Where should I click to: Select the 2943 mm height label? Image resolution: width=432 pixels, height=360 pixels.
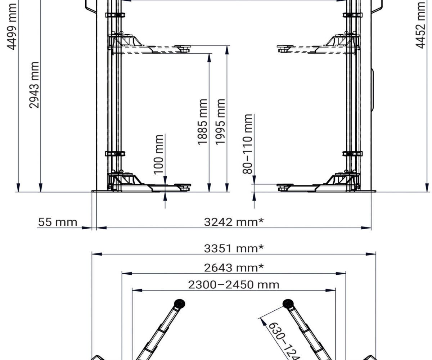pyautogui.click(x=35, y=85)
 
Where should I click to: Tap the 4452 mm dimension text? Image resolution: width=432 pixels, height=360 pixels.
pyautogui.click(x=421, y=24)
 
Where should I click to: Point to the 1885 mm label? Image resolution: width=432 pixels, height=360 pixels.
pyautogui.click(x=203, y=122)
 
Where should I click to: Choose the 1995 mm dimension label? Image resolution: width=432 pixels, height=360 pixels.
pyautogui.click(x=220, y=122)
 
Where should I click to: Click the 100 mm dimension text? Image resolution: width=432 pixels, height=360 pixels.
pyautogui.click(x=159, y=154)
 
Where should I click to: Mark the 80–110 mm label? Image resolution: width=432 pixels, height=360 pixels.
pyautogui.click(x=248, y=144)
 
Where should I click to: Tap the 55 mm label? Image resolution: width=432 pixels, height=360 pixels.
pyautogui.click(x=58, y=222)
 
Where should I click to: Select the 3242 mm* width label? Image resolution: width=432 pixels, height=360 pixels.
pyautogui.click(x=234, y=222)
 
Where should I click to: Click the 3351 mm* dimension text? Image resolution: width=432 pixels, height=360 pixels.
pyautogui.click(x=234, y=248)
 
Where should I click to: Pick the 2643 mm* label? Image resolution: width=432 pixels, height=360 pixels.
pyautogui.click(x=234, y=267)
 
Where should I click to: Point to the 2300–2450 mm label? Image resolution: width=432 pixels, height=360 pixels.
pyautogui.click(x=234, y=284)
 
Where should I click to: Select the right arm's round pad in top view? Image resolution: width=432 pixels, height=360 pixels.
pyautogui.click(x=288, y=303)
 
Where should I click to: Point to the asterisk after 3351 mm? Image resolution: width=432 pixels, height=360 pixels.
pyautogui.click(x=261, y=248)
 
